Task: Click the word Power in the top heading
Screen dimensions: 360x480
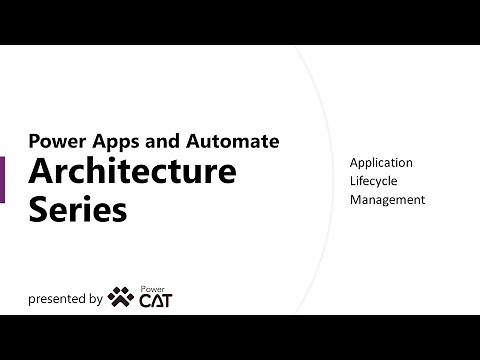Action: (x=52, y=141)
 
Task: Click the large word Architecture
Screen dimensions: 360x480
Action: (x=132, y=171)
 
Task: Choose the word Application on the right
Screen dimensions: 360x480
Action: (x=381, y=163)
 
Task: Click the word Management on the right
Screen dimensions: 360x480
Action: (x=387, y=199)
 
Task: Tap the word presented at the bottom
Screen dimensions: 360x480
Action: (x=57, y=298)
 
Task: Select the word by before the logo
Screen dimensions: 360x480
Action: (x=97, y=298)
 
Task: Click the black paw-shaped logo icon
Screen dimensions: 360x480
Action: (x=120, y=296)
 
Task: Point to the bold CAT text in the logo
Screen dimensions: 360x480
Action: (x=154, y=301)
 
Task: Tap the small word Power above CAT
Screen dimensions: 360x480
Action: (x=151, y=288)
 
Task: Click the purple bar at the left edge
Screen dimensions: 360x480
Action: (x=2, y=180)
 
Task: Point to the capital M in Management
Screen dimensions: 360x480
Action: (x=356, y=199)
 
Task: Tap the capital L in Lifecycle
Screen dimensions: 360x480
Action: (x=353, y=181)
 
